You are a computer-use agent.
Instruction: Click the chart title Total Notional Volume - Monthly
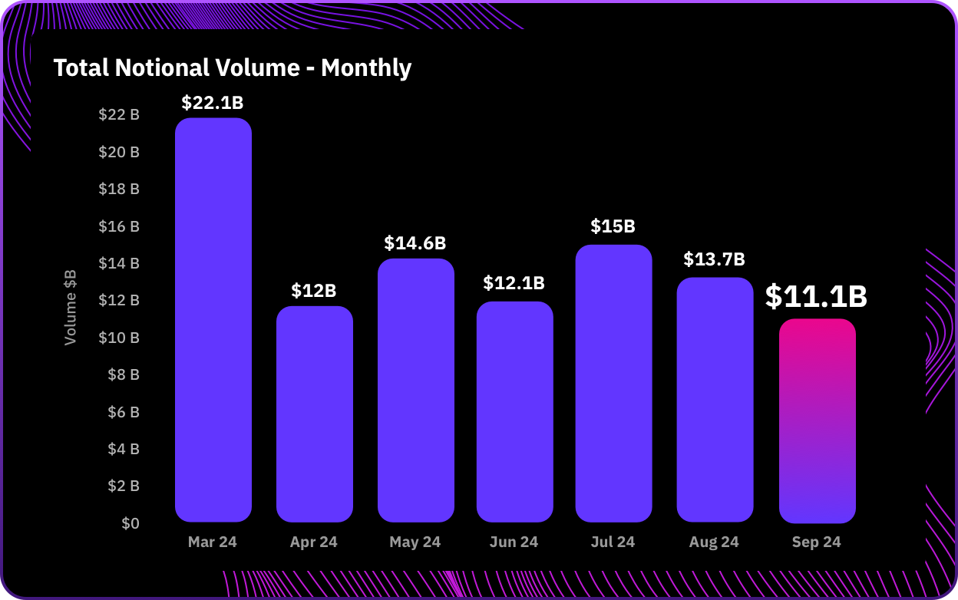point(232,68)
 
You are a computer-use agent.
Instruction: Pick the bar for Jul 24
point(613,384)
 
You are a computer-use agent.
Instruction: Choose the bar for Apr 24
point(314,414)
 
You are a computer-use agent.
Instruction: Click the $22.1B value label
point(213,103)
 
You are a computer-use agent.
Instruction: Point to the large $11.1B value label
point(816,297)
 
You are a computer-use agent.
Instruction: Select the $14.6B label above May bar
point(415,243)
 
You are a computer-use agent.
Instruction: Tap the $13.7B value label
point(714,259)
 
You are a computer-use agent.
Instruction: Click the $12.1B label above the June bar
point(514,283)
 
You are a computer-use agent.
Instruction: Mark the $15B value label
point(613,226)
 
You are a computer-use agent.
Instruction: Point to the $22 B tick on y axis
point(119,115)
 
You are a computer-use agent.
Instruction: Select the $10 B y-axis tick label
point(119,338)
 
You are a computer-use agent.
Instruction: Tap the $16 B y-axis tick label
point(119,226)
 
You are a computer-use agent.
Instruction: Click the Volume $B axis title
point(71,307)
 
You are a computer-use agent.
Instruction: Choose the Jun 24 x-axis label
point(514,542)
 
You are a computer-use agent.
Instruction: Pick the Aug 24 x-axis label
point(714,542)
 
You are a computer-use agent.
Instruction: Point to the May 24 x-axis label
point(415,542)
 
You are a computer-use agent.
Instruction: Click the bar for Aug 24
point(715,399)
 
